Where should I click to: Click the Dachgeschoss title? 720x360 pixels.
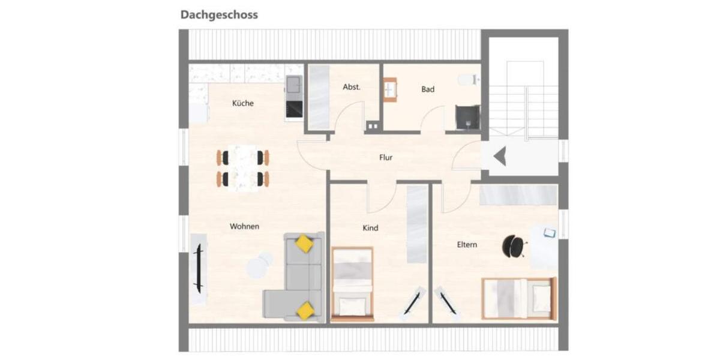(219, 15)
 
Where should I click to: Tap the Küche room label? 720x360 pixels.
(243, 103)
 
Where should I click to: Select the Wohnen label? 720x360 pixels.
(245, 227)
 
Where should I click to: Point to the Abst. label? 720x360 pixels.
(352, 87)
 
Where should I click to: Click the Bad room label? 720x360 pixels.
(428, 89)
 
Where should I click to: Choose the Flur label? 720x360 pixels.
(386, 158)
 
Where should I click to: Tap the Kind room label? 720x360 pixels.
(371, 228)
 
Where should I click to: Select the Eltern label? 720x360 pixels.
(467, 245)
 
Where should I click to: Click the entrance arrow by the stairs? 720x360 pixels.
(500, 157)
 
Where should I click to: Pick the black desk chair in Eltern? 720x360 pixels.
(514, 245)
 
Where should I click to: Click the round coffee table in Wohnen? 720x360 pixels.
(259, 265)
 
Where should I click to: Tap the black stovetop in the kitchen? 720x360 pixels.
(294, 109)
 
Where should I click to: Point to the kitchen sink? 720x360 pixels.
(294, 85)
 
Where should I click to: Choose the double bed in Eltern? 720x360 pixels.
(519, 298)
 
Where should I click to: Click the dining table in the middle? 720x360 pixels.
(243, 168)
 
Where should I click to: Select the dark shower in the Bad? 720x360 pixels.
(467, 117)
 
